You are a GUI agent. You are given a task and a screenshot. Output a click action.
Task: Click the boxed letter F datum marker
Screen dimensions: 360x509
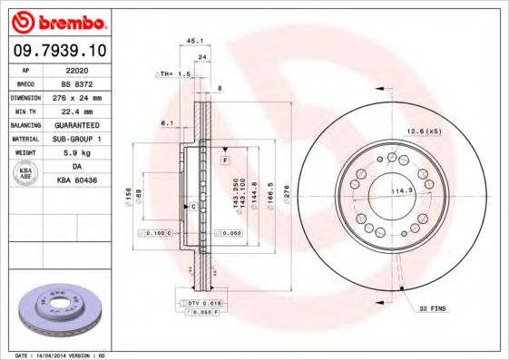pyautogui.click(x=223, y=160)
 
